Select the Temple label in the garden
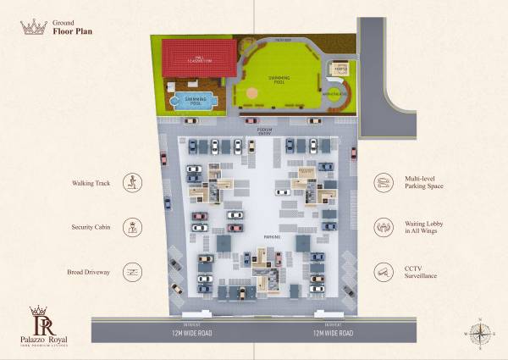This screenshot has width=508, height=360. click(342, 68)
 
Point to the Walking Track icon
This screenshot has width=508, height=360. click(132, 181)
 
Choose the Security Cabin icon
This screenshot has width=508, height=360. click(132, 227)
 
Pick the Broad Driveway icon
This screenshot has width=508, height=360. click(132, 272)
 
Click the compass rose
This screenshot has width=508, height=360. click(479, 332)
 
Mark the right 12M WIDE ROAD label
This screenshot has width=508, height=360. click(329, 331)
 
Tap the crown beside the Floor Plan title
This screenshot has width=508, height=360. click(33, 27)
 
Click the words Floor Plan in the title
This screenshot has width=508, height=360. click(73, 32)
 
